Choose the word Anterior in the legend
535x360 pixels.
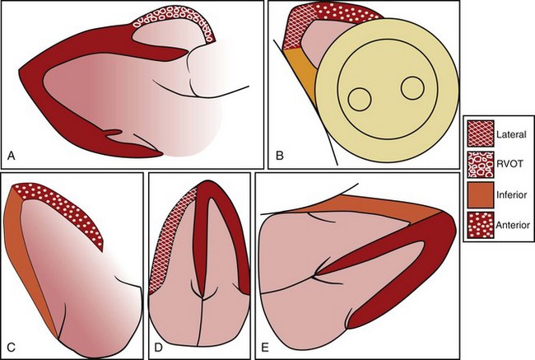pos(510,223)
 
